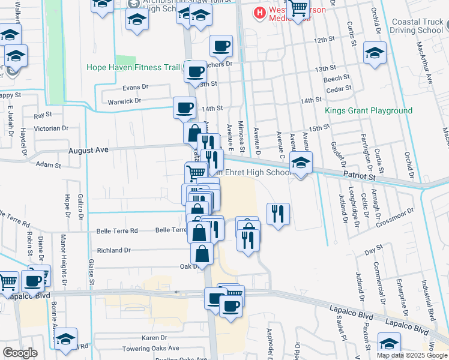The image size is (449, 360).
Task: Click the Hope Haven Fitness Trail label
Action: coord(133,67)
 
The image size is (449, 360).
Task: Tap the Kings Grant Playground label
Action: coord(369,111)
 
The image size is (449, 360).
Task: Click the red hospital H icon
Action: coord(260,12)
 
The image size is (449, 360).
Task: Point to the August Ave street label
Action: coord(88,151)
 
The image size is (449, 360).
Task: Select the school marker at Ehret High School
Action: coord(301,162)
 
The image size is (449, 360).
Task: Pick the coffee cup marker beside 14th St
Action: coord(184,107)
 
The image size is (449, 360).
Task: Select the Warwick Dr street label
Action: coord(124,101)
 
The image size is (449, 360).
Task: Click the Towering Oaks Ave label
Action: coord(151,348)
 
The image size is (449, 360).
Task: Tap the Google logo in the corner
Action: coord(20,353)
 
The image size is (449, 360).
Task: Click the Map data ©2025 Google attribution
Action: coord(412,355)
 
